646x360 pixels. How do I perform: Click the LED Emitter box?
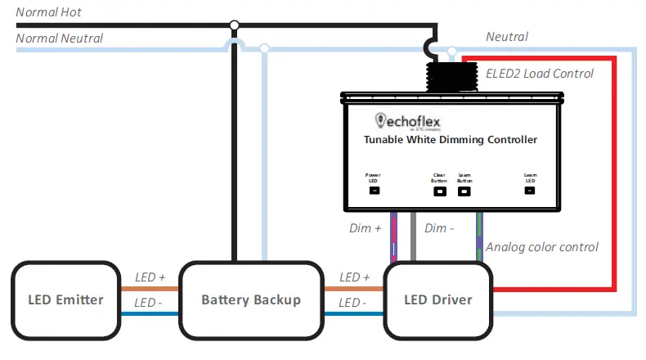66,299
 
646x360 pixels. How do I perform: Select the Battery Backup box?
251,299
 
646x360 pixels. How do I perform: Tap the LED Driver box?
438,299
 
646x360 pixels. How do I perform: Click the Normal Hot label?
48,12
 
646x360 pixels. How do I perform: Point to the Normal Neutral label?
60,38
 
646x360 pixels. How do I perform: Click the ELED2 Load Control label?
540,74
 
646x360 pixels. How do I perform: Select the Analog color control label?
542,246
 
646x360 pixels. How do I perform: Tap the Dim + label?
366,228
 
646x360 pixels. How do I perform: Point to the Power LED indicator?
374,191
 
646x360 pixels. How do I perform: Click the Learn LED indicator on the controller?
529,191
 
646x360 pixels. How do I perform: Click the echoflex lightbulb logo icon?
379,120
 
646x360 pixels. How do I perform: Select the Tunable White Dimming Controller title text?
451,140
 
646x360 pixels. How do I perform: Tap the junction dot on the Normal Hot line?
235,25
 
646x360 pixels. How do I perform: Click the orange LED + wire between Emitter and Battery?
150,289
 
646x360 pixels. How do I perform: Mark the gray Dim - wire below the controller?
415,237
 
